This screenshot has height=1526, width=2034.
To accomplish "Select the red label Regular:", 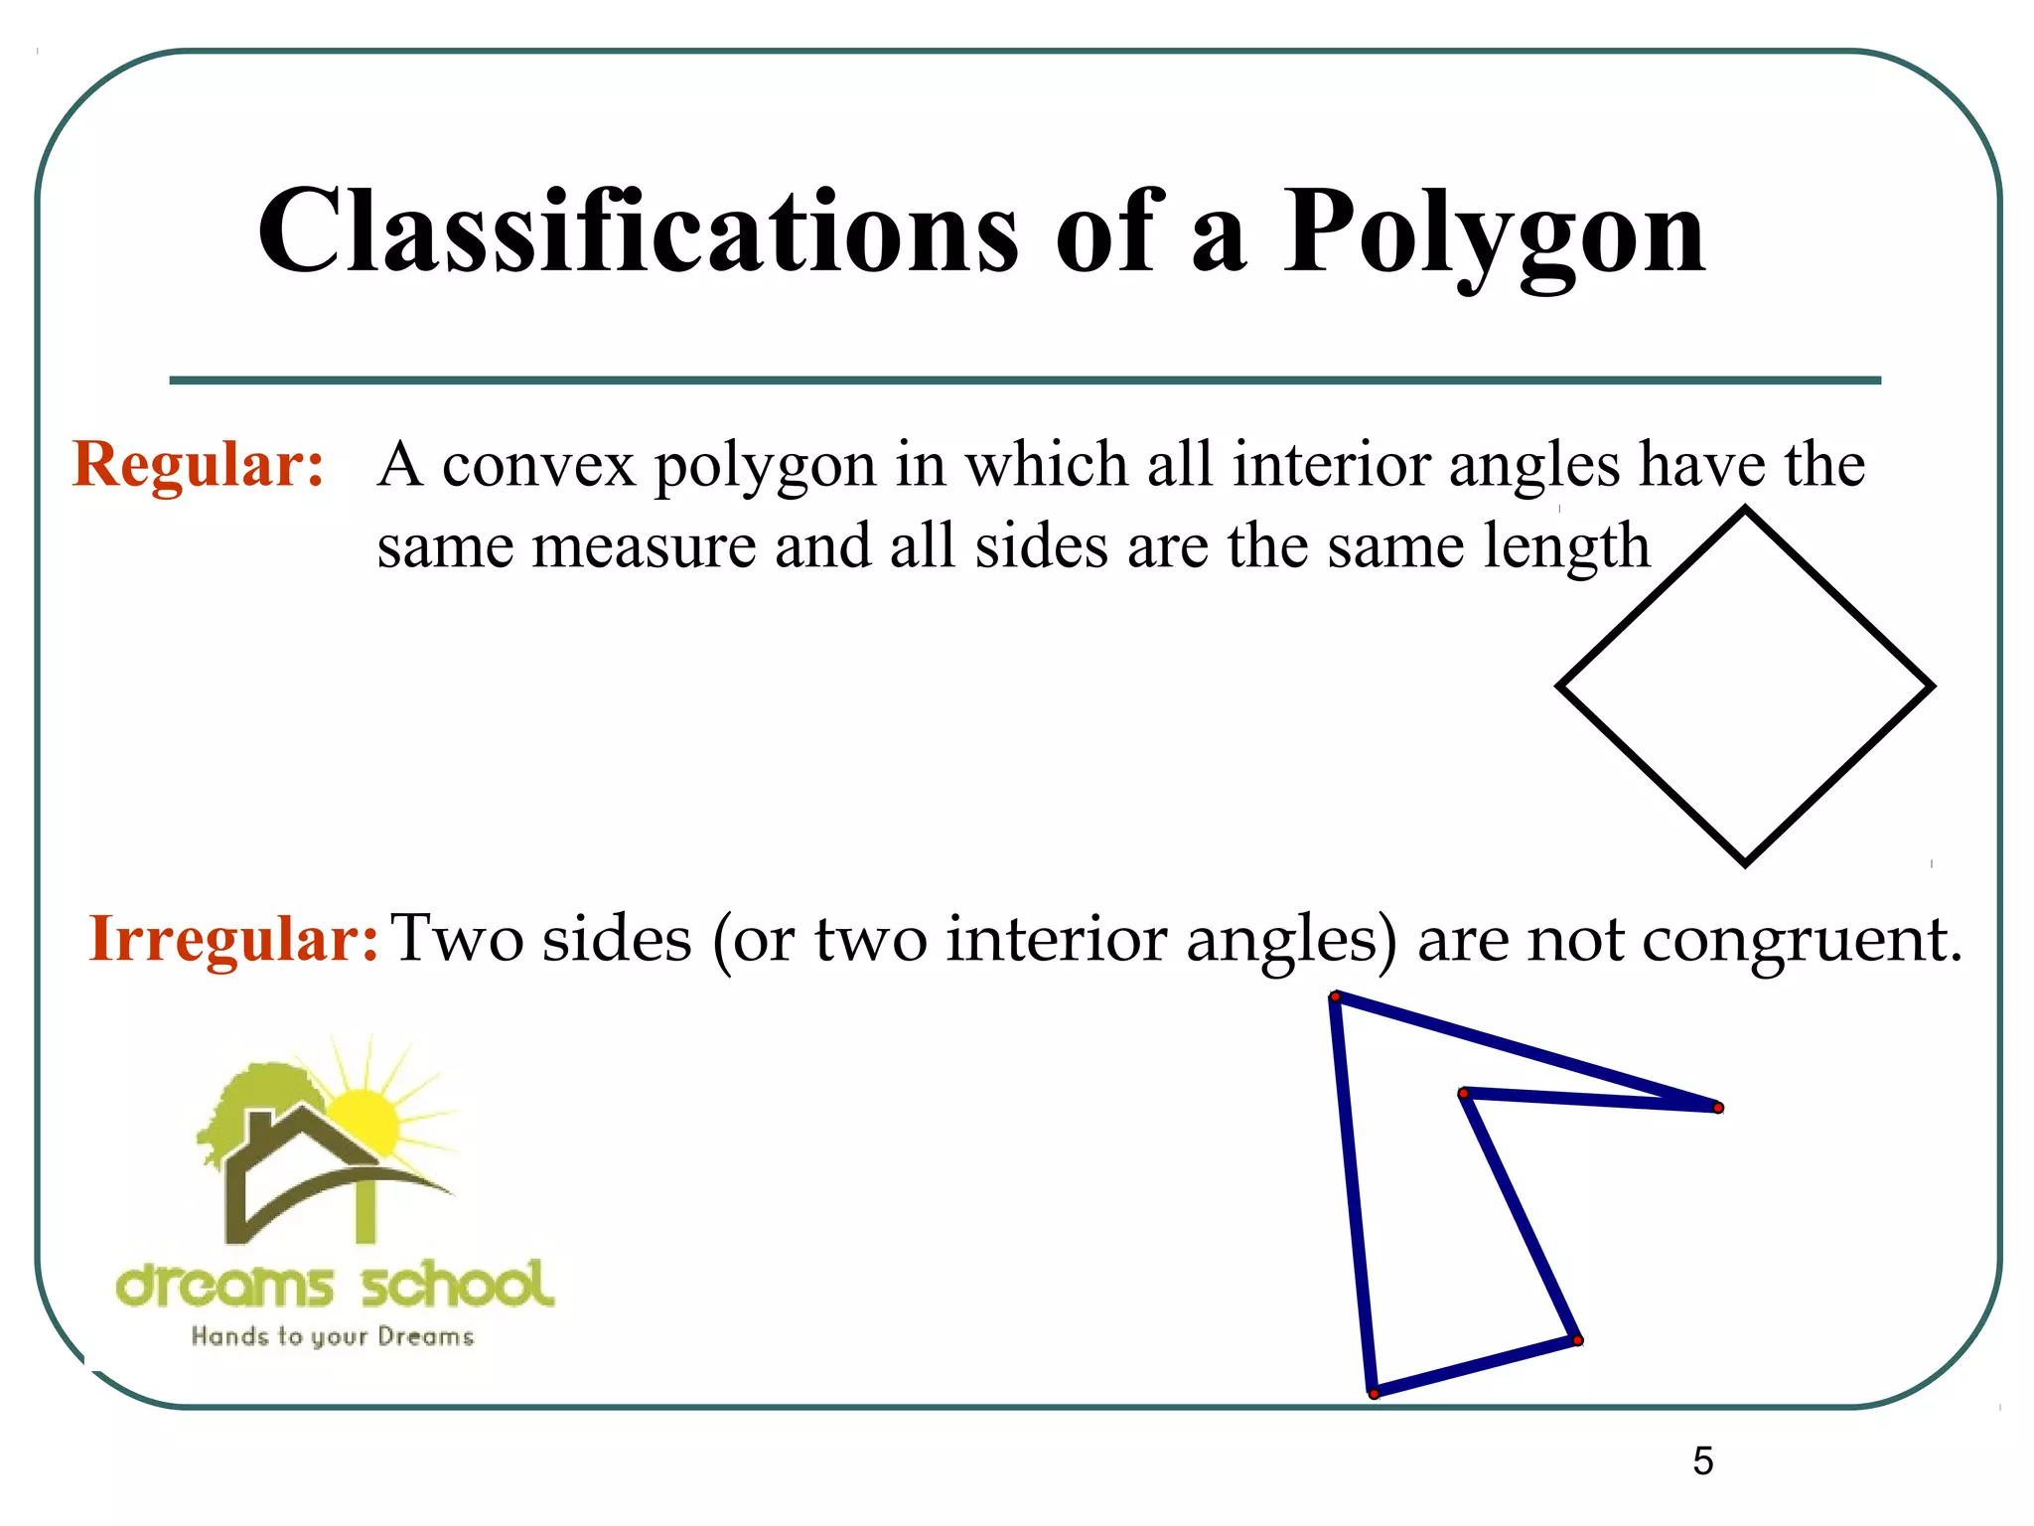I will pyautogui.click(x=199, y=464).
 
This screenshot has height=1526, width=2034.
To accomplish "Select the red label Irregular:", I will pyautogui.click(x=233, y=938).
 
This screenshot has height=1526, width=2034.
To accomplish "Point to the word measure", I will pyautogui.click(x=644, y=546).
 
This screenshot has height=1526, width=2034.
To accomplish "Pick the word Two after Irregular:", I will pyautogui.click(x=457, y=938).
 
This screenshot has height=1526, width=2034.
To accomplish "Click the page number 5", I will pyautogui.click(x=1703, y=1460).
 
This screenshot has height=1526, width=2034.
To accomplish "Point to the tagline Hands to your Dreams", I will pyautogui.click(x=333, y=1337).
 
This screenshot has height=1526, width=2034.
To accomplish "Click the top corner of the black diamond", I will pyautogui.click(x=1745, y=511).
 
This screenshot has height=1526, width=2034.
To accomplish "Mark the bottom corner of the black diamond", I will pyautogui.click(x=1745, y=862).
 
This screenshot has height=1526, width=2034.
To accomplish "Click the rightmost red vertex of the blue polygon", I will pyautogui.click(x=1718, y=1108).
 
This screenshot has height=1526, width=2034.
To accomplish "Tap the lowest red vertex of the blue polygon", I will pyautogui.click(x=1375, y=1394).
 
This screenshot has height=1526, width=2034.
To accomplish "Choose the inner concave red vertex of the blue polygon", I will pyautogui.click(x=1463, y=1093).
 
